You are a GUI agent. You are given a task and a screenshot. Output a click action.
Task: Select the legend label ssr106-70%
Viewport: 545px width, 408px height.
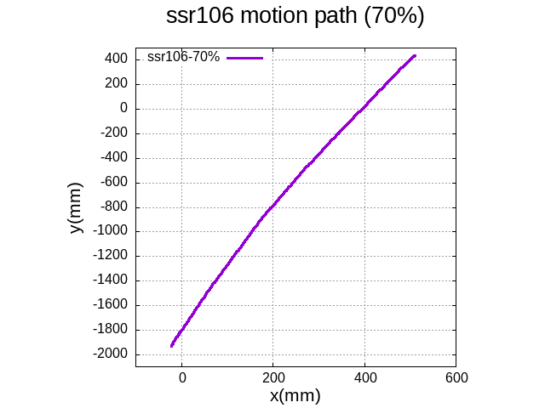coord(183,57)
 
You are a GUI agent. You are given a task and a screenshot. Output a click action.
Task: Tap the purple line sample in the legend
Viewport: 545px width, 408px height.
coord(245,58)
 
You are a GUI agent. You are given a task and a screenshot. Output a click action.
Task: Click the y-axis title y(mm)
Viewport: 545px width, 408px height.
coord(76,208)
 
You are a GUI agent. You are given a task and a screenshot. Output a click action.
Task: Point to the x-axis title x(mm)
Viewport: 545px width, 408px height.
coord(295,395)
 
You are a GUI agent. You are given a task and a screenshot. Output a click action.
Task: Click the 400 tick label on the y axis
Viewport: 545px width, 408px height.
coord(117,59)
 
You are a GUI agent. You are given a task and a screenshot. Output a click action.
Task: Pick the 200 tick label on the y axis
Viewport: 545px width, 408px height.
coord(117,83)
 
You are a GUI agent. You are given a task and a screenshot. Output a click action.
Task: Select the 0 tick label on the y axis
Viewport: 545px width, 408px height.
coord(123,108)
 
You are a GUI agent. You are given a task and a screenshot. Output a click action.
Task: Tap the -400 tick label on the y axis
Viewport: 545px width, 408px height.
coord(114,157)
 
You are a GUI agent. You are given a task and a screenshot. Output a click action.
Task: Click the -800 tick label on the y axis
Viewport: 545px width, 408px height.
coord(114,207)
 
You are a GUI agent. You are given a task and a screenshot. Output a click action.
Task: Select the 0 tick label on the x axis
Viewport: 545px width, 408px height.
coord(181,377)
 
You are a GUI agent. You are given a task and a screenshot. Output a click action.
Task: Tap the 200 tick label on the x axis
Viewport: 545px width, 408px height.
coord(272,377)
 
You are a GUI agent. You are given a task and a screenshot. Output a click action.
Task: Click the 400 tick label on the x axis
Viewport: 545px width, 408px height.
coord(364,377)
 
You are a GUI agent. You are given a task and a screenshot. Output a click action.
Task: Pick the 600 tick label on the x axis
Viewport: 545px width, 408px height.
coord(456,377)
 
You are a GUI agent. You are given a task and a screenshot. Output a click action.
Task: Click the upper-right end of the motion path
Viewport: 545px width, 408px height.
coord(415,56)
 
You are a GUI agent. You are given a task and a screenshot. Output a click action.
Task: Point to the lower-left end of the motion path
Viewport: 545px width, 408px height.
coord(172,346)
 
